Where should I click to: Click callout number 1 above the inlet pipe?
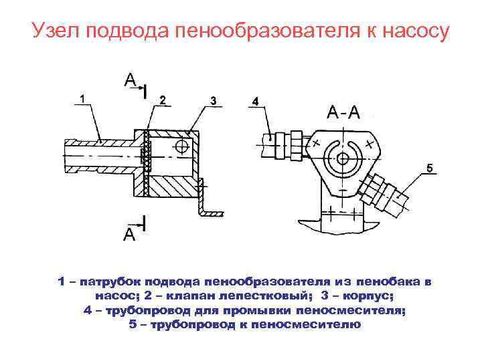point(82,98)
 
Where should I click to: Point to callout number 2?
point(162,100)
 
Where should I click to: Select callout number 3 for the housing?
point(212,100)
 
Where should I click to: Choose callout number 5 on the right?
point(429,166)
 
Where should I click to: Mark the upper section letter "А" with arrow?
point(130,81)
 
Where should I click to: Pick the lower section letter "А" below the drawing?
point(129,235)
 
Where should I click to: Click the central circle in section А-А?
point(343,158)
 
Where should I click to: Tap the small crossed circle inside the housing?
point(181,146)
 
